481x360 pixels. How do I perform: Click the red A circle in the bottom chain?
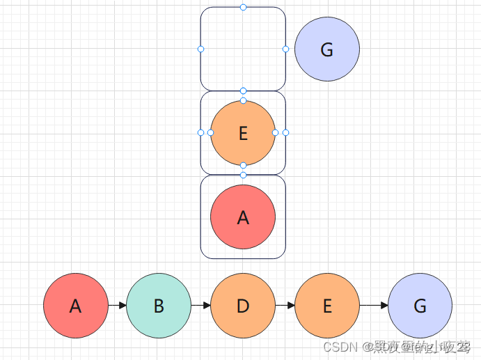click(x=75, y=306)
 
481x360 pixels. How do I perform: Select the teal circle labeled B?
click(x=159, y=306)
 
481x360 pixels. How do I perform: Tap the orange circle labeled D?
click(x=243, y=306)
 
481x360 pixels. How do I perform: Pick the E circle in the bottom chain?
click(x=327, y=306)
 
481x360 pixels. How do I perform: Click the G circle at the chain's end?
click(x=420, y=306)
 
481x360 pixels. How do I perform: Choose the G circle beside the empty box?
click(x=327, y=49)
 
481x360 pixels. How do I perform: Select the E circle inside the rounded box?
click(x=243, y=133)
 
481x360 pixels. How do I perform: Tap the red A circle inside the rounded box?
click(x=243, y=217)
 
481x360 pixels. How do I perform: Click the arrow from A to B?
click(x=117, y=306)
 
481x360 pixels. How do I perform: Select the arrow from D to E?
click(x=285, y=306)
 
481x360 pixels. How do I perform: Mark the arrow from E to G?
click(x=374, y=306)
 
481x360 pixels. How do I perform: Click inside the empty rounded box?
click(x=243, y=49)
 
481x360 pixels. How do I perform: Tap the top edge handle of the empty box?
click(x=243, y=7)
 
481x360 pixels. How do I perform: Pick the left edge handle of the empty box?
click(x=200, y=49)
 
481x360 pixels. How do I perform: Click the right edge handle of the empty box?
click(x=285, y=49)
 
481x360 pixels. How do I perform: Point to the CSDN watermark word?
click(x=340, y=346)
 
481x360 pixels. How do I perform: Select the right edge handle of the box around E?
click(x=285, y=132)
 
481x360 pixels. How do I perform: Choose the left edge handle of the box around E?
click(x=200, y=132)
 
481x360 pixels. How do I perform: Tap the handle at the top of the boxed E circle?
click(x=243, y=101)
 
